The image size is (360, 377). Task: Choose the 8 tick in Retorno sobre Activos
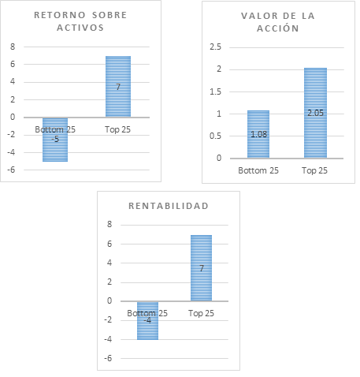point(13,47)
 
